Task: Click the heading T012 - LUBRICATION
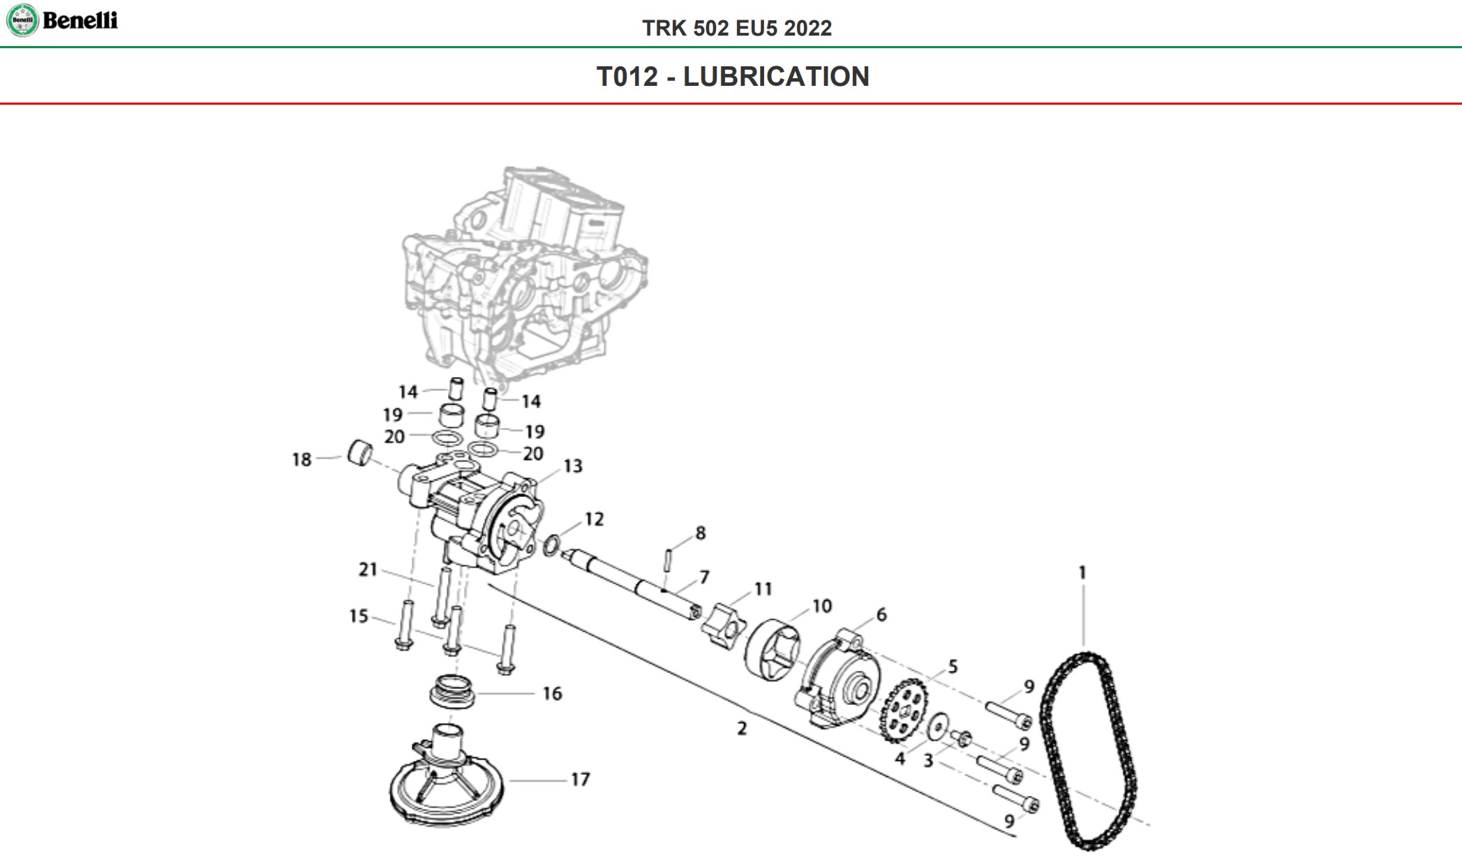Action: point(733,77)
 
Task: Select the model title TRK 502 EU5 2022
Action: point(737,28)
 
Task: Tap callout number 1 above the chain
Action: point(1082,573)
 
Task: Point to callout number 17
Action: point(581,779)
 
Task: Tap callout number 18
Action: point(301,459)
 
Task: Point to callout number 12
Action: point(594,519)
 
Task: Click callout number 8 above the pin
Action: point(701,533)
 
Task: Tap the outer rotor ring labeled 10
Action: point(772,648)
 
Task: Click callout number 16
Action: point(552,693)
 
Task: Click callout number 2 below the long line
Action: point(742,728)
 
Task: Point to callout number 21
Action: point(368,570)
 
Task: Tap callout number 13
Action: point(573,466)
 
